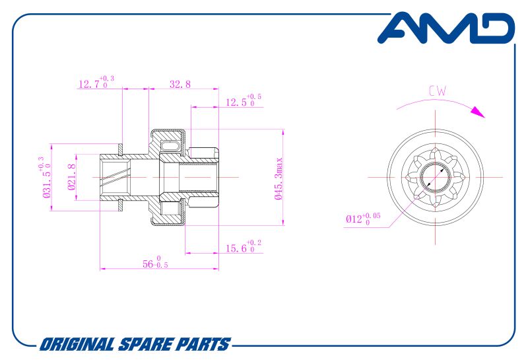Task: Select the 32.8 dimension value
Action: pos(180,84)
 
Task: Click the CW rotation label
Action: pos(437,91)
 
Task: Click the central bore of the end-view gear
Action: pos(436,178)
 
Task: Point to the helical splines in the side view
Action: pos(115,178)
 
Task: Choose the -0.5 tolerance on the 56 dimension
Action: pos(160,266)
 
